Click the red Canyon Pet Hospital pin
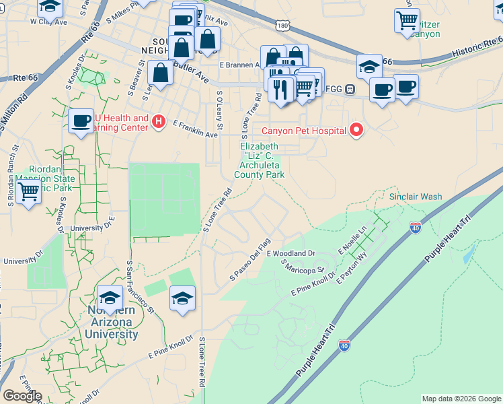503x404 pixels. [356, 130]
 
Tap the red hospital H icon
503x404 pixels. [159, 121]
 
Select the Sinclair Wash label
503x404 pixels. [416, 197]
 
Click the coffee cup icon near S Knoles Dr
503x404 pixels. [81, 121]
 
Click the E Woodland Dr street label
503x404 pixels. [291, 254]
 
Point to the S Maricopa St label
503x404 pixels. [303, 267]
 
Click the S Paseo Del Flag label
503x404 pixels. [249, 259]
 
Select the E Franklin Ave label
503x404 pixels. [195, 130]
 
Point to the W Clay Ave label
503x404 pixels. [49, 22]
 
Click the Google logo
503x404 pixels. [22, 396]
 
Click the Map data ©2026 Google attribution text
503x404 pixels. [461, 399]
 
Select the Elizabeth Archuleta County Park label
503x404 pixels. [260, 160]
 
